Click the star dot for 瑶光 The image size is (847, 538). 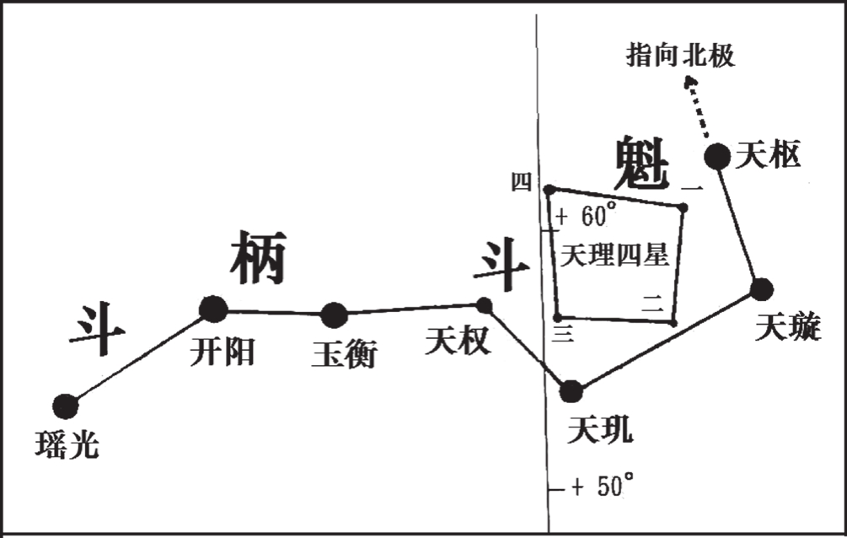[65, 406]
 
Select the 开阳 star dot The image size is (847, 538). [213, 309]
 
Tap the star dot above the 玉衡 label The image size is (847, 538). [335, 315]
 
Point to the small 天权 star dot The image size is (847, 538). [485, 304]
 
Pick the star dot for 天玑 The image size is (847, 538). [571, 390]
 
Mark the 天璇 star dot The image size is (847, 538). [761, 289]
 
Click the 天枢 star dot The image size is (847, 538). [717, 156]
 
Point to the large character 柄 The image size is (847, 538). [258, 259]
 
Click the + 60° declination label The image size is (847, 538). [587, 215]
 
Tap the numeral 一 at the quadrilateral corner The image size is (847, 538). [691, 187]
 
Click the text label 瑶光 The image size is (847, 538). [67, 444]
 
